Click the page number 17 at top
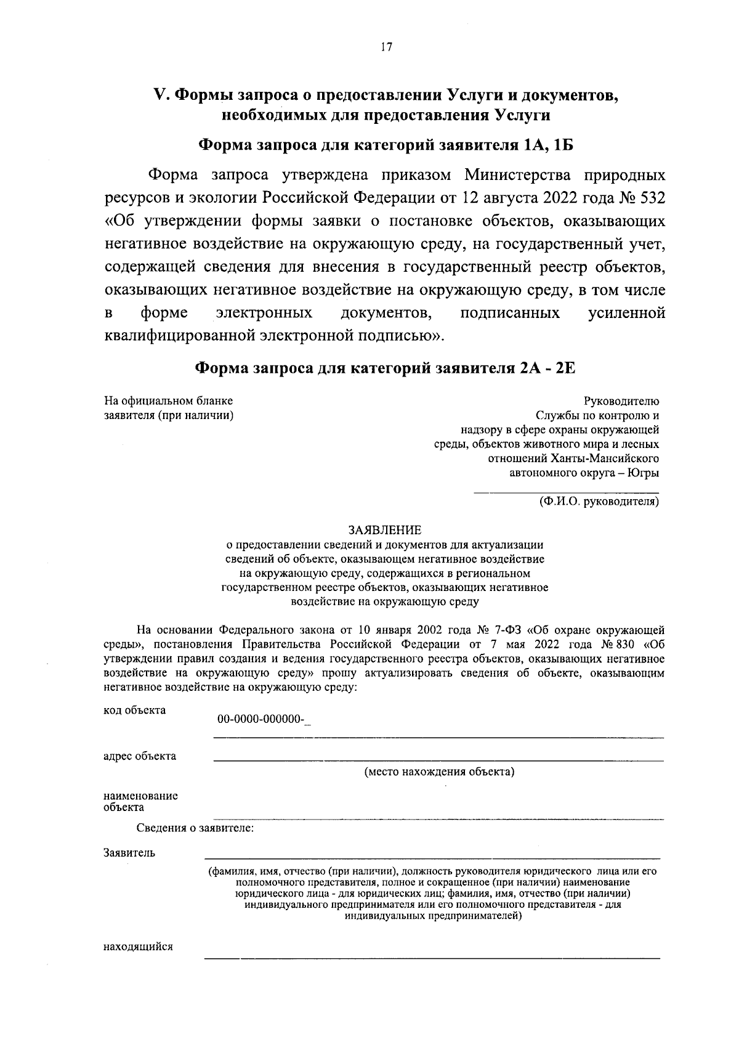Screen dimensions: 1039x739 tap(386, 47)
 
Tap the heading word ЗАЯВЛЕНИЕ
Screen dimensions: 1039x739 tap(385, 530)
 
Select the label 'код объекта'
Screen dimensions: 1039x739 tap(134, 710)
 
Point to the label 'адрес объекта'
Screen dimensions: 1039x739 tap(140, 756)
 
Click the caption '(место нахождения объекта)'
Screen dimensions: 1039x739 tap(439, 772)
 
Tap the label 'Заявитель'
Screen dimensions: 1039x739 tap(129, 854)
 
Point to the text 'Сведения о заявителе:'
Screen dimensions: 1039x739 tap(195, 828)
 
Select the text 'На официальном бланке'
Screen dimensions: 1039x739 tap(168, 401)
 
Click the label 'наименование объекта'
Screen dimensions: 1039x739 tap(140, 801)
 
